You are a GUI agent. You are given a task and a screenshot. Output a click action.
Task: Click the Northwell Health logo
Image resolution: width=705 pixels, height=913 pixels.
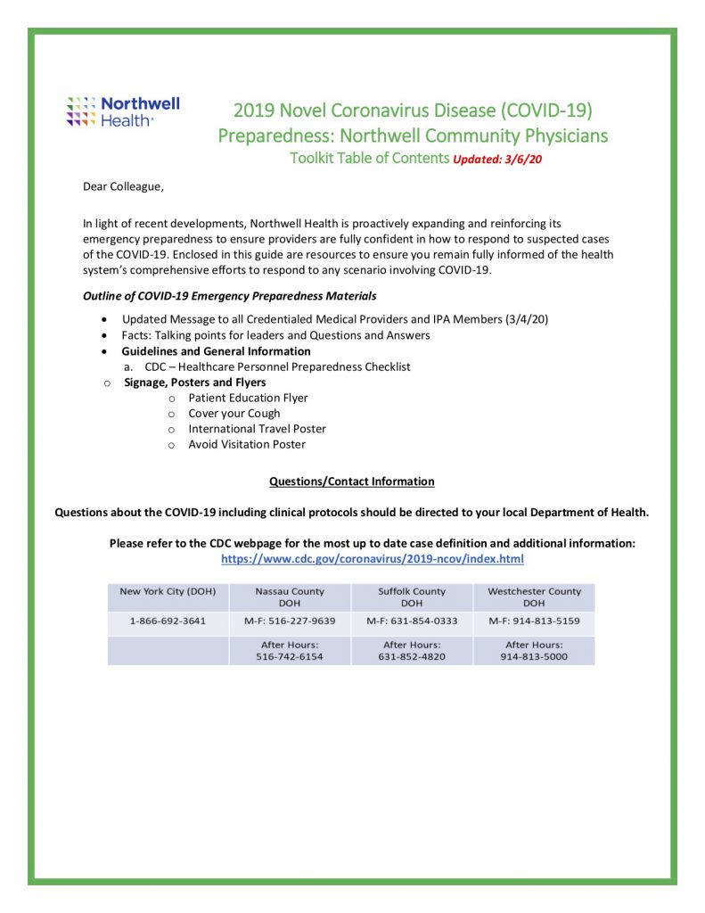[x=123, y=111]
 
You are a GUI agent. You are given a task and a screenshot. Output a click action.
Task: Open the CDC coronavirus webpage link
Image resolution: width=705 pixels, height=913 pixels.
[x=372, y=559]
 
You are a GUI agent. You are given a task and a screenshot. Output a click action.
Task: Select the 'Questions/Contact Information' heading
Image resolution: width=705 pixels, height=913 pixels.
[x=352, y=481]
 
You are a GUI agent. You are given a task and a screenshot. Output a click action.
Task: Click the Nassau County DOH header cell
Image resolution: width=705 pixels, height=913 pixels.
[x=290, y=597]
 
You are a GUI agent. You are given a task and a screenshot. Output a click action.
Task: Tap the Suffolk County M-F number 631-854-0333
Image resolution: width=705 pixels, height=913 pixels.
[x=412, y=621]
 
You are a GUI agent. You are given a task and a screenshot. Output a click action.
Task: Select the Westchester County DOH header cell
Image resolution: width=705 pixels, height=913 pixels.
[x=534, y=597]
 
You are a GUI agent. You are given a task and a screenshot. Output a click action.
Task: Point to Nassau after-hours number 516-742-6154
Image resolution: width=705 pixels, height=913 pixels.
[x=290, y=657]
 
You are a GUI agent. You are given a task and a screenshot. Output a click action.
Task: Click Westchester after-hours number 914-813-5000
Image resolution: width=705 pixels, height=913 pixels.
[x=534, y=657]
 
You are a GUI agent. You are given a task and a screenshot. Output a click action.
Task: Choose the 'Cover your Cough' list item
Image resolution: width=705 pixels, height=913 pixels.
[x=234, y=414]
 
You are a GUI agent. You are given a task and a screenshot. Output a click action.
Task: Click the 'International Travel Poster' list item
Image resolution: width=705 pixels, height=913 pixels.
[x=258, y=429]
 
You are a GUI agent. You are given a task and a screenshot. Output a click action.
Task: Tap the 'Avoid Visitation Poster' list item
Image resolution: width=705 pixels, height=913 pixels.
[x=247, y=444]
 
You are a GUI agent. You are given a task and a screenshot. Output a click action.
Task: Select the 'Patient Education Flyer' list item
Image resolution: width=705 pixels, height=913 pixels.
[x=248, y=398]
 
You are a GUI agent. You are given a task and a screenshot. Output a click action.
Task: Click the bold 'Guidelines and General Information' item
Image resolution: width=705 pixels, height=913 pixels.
[x=217, y=351]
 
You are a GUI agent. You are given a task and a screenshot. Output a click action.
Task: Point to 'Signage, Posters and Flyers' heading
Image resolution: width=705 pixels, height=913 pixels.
[x=195, y=382]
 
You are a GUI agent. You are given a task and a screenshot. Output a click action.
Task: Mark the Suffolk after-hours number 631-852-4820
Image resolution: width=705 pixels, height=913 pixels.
[x=412, y=657]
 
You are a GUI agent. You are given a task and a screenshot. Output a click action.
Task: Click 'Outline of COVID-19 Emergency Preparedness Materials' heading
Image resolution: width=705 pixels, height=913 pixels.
[x=230, y=296]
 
